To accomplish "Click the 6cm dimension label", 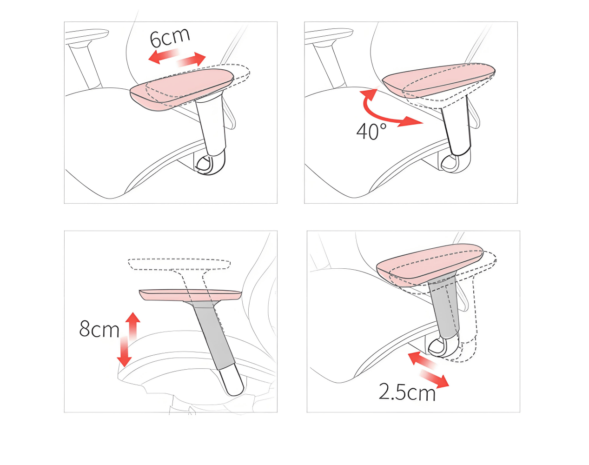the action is tap(170, 38).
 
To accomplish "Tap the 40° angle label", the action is tap(372, 131).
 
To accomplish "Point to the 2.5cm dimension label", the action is tap(407, 392).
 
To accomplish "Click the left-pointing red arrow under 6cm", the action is tap(164, 56).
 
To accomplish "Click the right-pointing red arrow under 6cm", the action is tap(192, 60).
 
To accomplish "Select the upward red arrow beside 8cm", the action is tap(133, 326).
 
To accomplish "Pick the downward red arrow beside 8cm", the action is tap(124, 352).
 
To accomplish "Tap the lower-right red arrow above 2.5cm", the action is tap(435, 379).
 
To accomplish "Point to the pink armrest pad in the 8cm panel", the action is tap(190, 295).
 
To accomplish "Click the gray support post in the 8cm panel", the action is tap(214, 337).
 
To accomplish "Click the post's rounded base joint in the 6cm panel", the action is tap(211, 164).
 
